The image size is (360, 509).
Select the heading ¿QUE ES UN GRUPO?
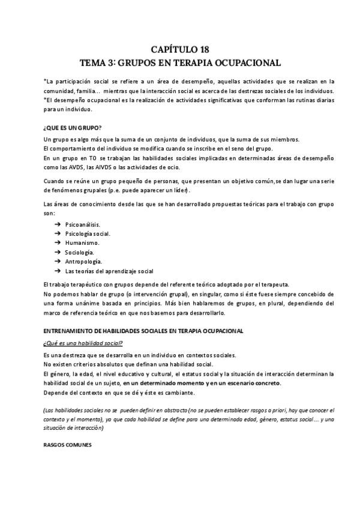[73, 127]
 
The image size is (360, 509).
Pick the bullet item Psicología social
[88, 233]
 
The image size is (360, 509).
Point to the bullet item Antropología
[83, 262]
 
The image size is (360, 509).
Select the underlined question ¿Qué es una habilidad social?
[83, 343]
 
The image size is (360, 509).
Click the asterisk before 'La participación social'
[45, 81]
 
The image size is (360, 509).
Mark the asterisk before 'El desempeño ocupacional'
[45, 100]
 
